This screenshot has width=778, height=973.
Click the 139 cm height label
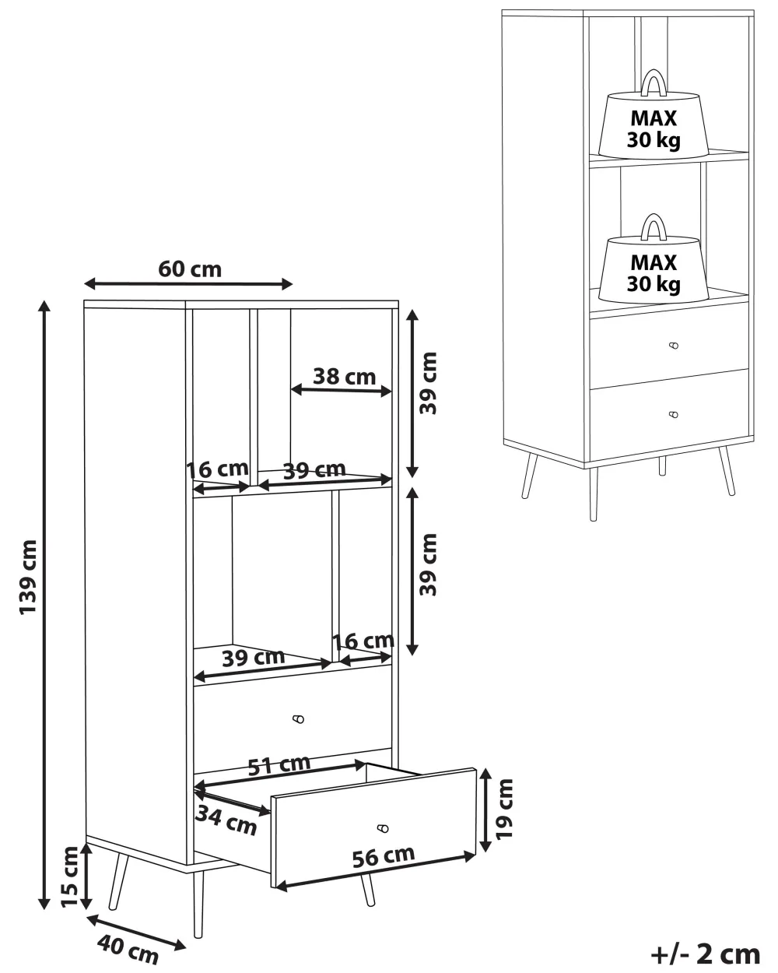28,577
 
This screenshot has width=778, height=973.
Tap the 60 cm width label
190,269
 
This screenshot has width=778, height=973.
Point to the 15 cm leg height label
70,876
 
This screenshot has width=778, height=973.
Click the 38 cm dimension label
345,377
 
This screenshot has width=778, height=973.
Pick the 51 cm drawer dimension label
279,764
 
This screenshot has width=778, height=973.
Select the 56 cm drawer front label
384,857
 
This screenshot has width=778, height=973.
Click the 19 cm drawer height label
504,810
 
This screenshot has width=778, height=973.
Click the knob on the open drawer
383,828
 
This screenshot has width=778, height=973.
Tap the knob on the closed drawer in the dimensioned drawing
298,718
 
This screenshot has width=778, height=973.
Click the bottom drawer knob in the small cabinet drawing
674,415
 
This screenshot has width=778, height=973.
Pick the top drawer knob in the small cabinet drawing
674,346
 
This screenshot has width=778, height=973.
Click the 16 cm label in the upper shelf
217,469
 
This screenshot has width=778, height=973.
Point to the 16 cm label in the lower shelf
363,641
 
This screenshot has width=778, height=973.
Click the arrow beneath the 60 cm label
188,284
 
